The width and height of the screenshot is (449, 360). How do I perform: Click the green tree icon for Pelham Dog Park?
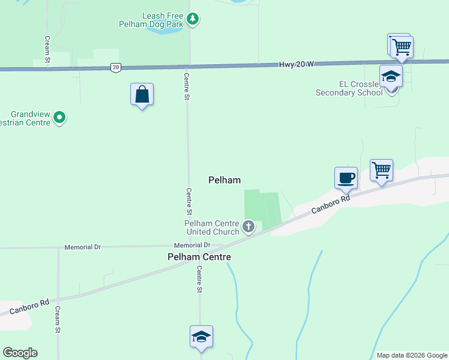pyautogui.click(x=192, y=19)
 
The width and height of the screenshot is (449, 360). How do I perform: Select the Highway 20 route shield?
pyautogui.click(x=115, y=67)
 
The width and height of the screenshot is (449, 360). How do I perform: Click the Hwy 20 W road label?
pyautogui.click(x=297, y=64)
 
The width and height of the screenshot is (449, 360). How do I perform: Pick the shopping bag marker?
pyautogui.click(x=142, y=95)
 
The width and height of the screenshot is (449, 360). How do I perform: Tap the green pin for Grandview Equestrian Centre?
pyautogui.click(x=59, y=118)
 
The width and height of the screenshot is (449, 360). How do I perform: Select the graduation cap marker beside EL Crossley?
pyautogui.click(x=391, y=76)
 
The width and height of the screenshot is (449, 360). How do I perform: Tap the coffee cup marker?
pyautogui.click(x=346, y=178)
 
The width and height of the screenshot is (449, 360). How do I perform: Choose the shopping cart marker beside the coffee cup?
pyautogui.click(x=382, y=170)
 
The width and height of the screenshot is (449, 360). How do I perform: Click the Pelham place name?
pyautogui.click(x=224, y=180)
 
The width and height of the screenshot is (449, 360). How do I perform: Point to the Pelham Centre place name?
pyautogui.click(x=199, y=257)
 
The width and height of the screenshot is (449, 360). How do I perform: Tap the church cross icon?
pyautogui.click(x=249, y=227)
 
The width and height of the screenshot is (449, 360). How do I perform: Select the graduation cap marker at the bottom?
pyautogui.click(x=201, y=337)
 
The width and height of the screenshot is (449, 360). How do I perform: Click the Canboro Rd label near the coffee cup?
pyautogui.click(x=330, y=203)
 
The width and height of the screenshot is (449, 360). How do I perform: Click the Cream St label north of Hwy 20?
pyautogui.click(x=47, y=49)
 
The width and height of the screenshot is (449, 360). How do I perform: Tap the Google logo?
pyautogui.click(x=20, y=353)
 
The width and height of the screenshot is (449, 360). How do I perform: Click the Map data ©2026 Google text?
pyautogui.click(x=411, y=355)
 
